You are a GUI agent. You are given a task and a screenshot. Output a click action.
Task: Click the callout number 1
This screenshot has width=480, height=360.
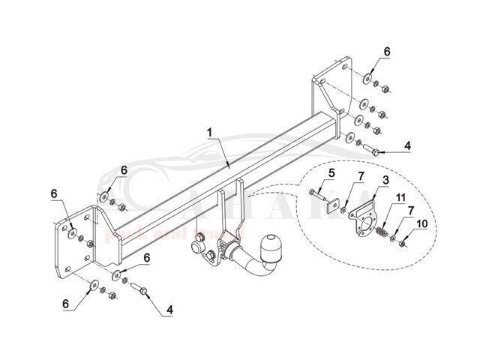pyautogui.click(x=210, y=131)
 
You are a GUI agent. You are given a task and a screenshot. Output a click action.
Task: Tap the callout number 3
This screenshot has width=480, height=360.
pyautogui.click(x=385, y=181)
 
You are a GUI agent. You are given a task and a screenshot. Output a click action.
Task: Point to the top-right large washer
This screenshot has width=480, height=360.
pyautogui.click(x=369, y=79)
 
